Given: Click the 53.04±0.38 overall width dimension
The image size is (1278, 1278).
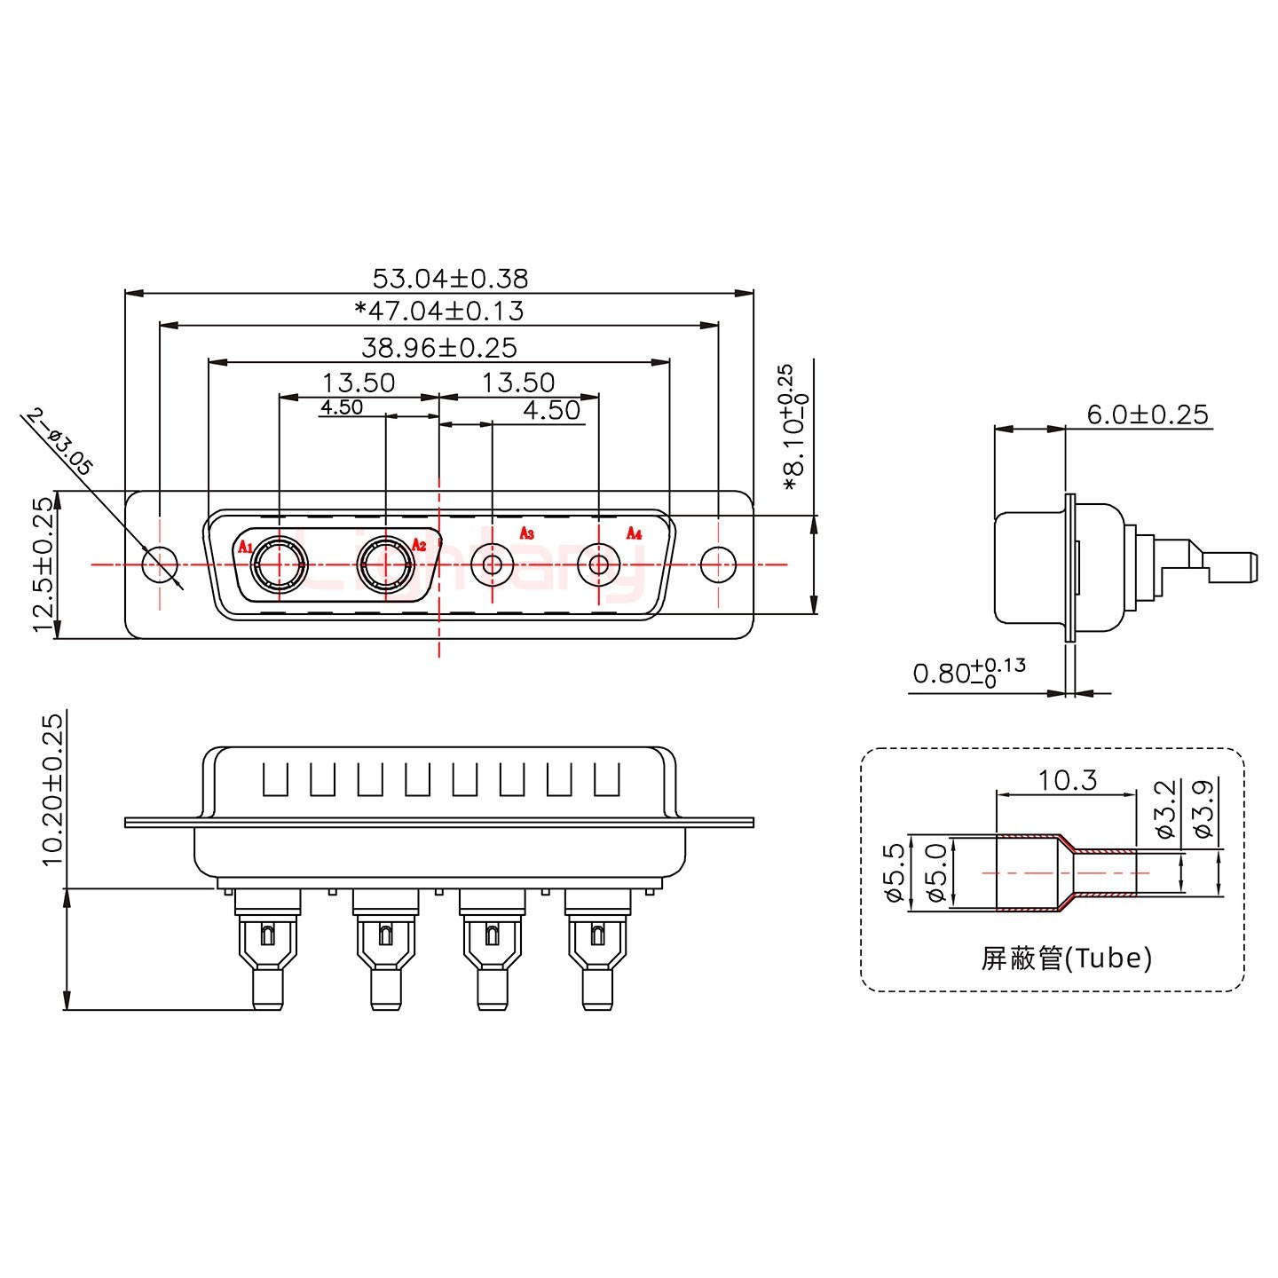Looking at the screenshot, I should point(450,279).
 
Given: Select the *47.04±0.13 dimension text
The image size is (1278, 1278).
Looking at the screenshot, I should point(438,312).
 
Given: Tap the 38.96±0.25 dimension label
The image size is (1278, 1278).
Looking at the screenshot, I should point(438,347).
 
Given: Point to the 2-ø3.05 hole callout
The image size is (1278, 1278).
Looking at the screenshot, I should point(60,442).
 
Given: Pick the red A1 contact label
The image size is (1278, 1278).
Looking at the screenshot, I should point(245,546).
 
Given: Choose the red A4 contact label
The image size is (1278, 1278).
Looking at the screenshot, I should point(634,533).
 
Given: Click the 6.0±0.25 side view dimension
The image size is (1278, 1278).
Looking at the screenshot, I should point(1147,414).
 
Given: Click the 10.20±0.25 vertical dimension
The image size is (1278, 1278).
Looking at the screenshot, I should point(52,788).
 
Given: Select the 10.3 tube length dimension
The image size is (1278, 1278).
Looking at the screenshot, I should point(1067,780).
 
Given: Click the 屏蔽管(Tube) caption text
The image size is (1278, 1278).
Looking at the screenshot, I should point(1066,958).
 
